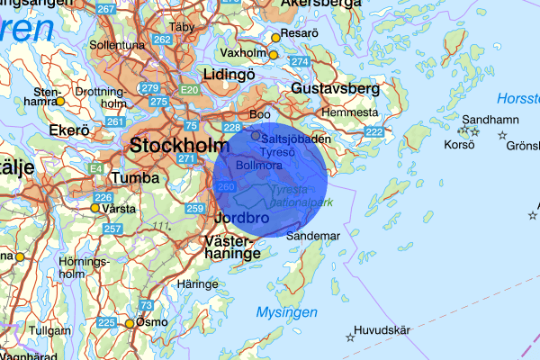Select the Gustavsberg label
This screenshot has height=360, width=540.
(335, 89)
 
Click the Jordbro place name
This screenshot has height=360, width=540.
(241, 218)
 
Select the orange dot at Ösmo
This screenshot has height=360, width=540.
(130, 323)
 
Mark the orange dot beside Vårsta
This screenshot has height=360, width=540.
(94, 208)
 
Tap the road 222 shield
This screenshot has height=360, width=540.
(374, 132)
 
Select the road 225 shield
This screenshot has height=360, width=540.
(106, 322)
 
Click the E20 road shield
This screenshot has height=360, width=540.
(189, 90)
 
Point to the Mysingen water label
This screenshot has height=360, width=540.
(286, 312)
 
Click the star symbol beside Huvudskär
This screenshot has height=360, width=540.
(350, 337)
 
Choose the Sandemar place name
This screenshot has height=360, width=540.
(313, 236)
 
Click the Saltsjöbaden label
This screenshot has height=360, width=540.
(292, 137)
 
